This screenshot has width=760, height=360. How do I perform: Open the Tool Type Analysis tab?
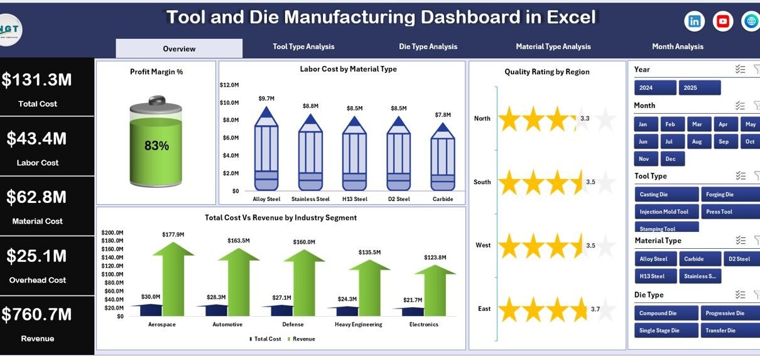[x=303, y=46]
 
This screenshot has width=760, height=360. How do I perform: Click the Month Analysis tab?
[x=677, y=46]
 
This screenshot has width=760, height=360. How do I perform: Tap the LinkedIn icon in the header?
[x=694, y=21]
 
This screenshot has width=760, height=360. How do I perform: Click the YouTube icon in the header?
[x=723, y=21]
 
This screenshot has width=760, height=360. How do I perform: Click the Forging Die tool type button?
[x=730, y=195]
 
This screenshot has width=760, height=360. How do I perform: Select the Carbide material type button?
[x=694, y=259]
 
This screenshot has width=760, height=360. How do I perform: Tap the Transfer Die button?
[x=730, y=330]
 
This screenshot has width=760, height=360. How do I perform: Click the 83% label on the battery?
[x=156, y=146]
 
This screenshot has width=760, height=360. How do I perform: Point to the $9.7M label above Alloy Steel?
[x=266, y=99]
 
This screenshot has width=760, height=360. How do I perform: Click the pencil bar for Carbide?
[x=443, y=157]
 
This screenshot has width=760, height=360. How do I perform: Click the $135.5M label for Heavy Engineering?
[x=369, y=253]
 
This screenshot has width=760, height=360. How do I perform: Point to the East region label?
[x=484, y=308]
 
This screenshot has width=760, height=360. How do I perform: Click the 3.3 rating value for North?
[x=585, y=118]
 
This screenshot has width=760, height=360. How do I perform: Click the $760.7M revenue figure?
[x=37, y=314]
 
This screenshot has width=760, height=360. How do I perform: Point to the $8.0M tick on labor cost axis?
[x=230, y=120]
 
